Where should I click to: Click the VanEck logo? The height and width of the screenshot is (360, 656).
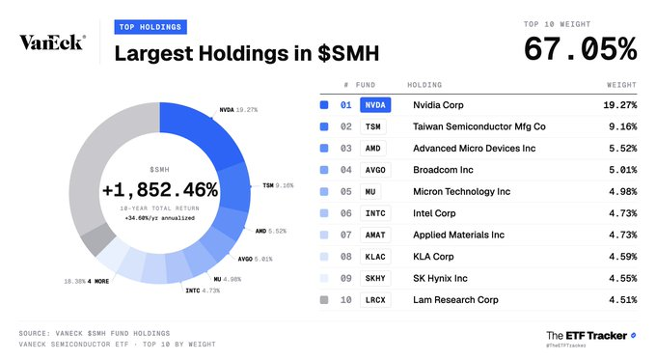tap(52, 42)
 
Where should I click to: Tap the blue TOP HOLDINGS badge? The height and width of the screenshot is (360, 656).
tap(150, 27)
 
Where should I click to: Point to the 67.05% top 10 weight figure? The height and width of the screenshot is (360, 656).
tap(581, 49)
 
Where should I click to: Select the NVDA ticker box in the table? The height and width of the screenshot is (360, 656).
tap(375, 105)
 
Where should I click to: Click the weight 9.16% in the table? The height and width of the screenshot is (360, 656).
tap(622, 126)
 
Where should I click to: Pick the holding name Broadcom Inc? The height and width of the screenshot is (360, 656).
tap(443, 170)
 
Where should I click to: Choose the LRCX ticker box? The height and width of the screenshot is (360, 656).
tap(375, 300)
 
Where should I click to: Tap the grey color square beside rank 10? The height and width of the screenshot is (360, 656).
tap(324, 300)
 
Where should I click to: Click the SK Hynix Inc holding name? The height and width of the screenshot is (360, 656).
tap(440, 278)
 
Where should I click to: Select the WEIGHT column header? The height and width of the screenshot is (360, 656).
tap(621, 85)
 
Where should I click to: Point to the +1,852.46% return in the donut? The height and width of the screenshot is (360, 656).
tap(160, 190)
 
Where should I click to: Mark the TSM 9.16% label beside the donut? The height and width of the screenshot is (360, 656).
tap(278, 185)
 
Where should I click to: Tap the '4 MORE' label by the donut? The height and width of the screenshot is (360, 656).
tap(98, 281)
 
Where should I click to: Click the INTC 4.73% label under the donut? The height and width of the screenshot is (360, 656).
tap(203, 291)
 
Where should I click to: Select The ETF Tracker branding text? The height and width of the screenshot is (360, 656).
tap(587, 336)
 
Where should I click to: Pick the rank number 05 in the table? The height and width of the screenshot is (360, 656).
tap(346, 192)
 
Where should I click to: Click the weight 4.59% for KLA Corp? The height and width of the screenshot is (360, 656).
tap(622, 257)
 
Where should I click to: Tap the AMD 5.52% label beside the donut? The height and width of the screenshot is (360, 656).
tap(271, 231)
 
